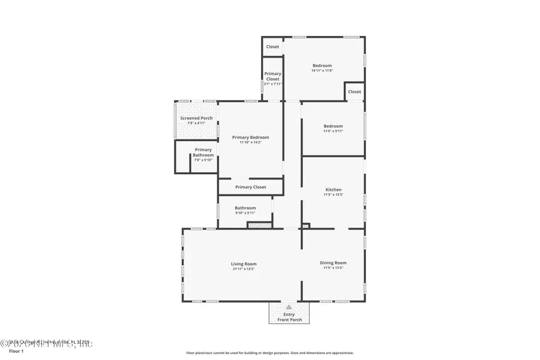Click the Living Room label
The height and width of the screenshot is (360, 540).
point(244,263)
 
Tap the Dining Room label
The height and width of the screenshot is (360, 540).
point(333,263)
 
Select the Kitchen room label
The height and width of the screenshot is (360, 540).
point(333,190)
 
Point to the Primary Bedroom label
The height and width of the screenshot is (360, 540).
point(250,137)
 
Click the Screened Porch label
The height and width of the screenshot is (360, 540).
point(196,118)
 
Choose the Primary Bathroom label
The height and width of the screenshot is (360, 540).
point(203,152)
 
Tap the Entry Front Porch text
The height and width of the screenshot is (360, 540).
point(289,317)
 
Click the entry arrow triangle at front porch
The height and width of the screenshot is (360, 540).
point(289,307)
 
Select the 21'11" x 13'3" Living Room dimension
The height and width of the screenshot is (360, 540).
point(244,269)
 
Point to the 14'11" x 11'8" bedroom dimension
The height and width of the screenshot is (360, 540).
point(322,71)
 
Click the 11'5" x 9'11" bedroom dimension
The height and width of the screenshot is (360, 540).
point(333,131)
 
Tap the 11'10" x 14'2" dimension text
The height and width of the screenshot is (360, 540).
point(250,143)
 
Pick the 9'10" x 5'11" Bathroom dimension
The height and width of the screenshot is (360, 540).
point(245,213)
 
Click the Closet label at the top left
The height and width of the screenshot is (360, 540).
point(273,46)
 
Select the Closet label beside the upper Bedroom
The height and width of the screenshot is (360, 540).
point(355,92)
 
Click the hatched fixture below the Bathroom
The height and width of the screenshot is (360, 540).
point(260,225)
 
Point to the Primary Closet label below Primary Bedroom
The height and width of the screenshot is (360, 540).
point(250,187)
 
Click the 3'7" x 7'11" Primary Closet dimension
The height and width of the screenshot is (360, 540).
point(273,84)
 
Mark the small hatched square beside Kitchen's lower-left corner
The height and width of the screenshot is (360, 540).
point(305,226)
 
